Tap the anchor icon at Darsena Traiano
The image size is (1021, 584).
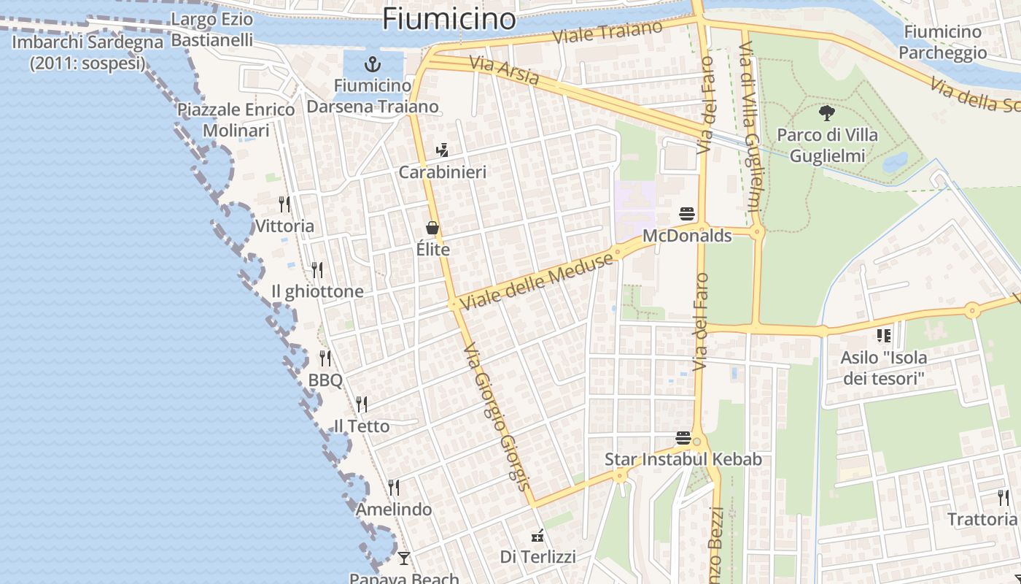coord(373,64)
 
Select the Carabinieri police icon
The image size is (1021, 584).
coord(441,151)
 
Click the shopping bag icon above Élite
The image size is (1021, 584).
coord(432,228)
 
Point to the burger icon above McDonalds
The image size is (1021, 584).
coord(687,214)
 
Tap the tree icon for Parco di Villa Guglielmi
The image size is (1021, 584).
coord(826,113)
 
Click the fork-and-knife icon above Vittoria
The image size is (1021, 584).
coord(284,204)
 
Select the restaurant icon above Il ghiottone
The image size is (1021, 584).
coord(317,270)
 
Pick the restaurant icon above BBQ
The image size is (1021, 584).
coord(325,358)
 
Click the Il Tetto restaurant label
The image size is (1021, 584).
coord(362,426)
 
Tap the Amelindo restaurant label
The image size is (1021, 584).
coord(394,509)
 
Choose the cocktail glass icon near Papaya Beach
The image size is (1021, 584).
coord(404,558)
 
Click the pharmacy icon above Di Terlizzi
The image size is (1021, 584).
coord(537,537)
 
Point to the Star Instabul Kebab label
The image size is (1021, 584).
coord(683,459)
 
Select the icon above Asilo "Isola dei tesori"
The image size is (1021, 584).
coord(884,336)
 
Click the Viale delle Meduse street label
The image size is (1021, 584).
coord(537,281)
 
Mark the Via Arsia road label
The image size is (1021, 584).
coord(504,70)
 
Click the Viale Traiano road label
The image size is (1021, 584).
coord(607,33)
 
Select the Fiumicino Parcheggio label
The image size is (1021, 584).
coord(942,42)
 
